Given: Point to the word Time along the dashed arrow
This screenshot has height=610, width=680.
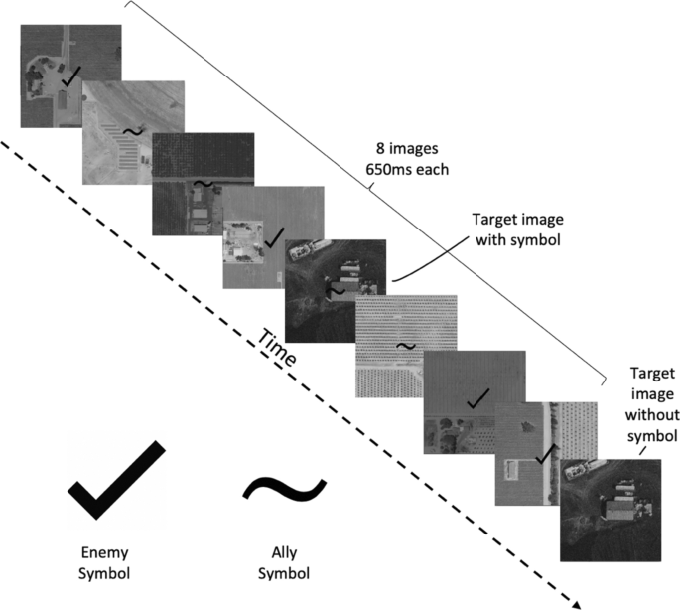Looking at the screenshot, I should (278, 348).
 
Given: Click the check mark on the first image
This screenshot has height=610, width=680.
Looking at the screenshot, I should (70, 75).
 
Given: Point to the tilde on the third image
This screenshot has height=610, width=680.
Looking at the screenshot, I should (202, 185).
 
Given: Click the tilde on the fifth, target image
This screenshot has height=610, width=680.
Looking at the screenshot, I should (336, 291).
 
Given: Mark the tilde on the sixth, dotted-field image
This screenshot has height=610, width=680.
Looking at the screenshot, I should (404, 345).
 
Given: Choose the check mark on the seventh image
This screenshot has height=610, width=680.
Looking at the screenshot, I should (477, 398).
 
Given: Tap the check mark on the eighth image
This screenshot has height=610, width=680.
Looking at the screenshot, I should (543, 453).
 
